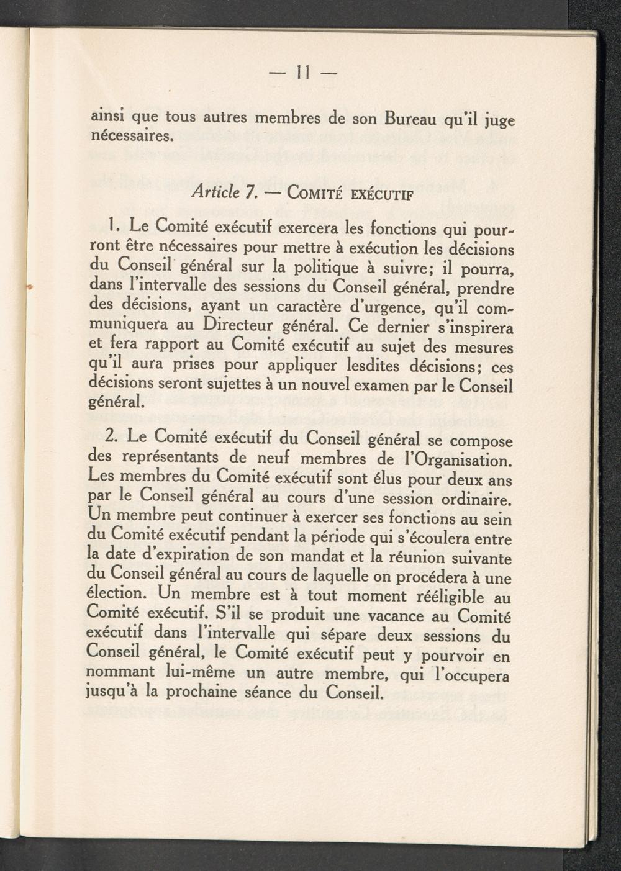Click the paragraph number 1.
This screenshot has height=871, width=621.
coord(112,225)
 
